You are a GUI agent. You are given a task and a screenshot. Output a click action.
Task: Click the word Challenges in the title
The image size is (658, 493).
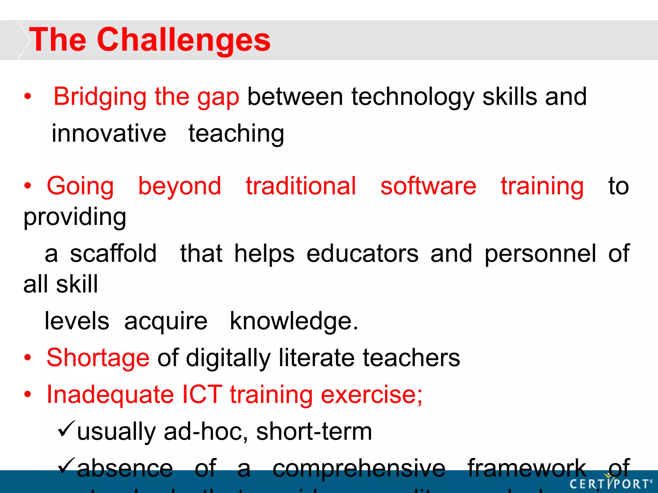coord(183,40)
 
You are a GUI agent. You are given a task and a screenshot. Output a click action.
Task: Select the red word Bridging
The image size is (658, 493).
coord(100,97)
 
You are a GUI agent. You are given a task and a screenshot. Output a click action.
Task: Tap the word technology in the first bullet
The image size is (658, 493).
coord(413,97)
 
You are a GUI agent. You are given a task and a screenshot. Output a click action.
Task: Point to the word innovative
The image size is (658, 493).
coord(109,134)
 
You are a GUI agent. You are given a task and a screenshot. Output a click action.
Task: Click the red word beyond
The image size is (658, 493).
coord(180,186)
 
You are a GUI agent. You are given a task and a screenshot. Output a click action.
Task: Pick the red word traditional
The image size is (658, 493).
coord(301,186)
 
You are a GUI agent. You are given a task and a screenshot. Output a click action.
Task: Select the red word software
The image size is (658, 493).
coord(428,186)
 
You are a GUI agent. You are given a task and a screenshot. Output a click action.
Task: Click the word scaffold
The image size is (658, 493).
coord(113,254)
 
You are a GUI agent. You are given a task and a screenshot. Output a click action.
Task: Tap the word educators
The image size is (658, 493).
coord(362,254)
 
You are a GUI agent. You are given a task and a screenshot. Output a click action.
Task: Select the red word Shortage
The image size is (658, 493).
coord(98,358)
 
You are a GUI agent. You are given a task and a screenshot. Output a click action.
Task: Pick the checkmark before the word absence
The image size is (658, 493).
coord(66,466)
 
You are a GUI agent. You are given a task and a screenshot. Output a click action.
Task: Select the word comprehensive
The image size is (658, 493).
coord(359,468)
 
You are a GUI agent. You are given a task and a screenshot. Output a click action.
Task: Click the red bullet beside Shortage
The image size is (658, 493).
coord(28,358)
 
